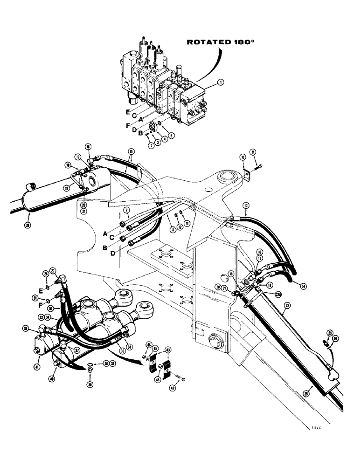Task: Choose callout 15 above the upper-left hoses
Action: [x=131, y=151]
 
